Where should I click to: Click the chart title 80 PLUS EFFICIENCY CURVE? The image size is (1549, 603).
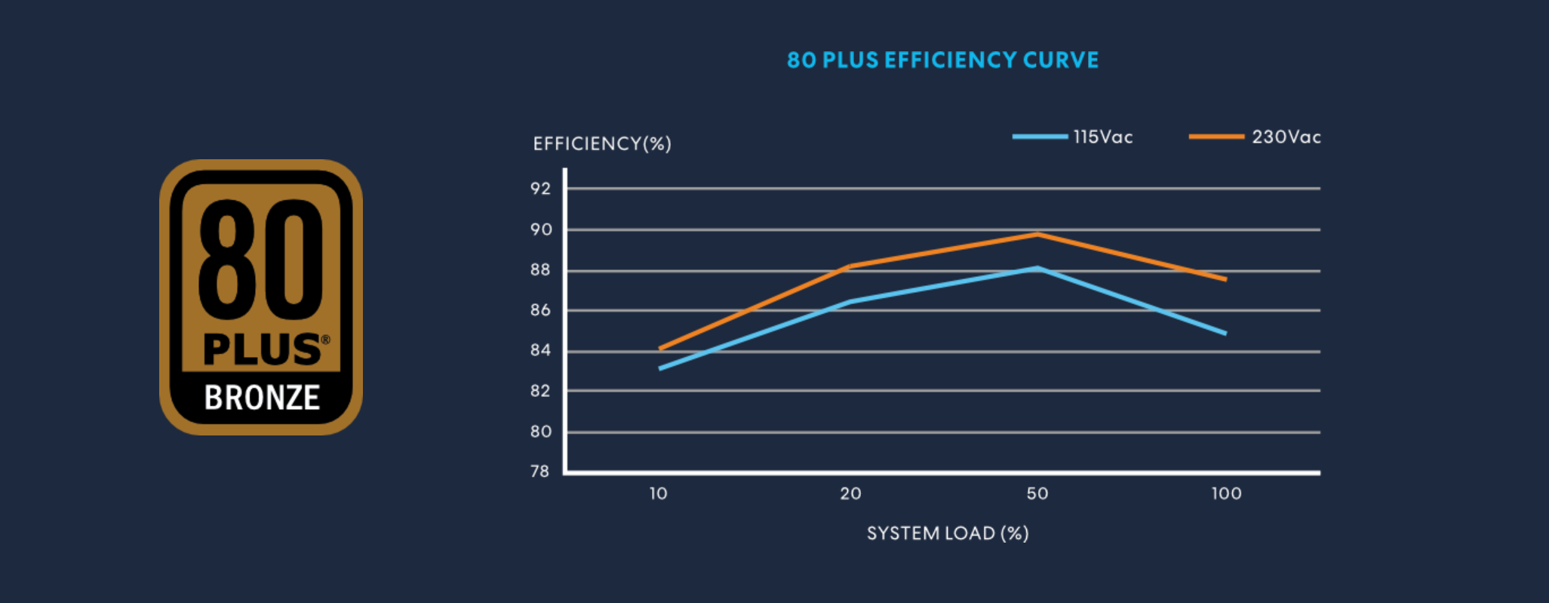pos(942,60)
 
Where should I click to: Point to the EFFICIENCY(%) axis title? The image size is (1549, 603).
pos(602,143)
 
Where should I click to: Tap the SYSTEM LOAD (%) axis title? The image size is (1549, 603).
pos(948,534)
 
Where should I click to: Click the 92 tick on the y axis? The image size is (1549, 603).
pos(540,189)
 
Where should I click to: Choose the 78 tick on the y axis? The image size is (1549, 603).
pos(540,472)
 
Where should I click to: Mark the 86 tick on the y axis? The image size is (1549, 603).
pos(540,310)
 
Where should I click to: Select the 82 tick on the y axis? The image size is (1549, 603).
pos(540,391)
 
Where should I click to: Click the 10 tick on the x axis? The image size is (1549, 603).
pos(659,494)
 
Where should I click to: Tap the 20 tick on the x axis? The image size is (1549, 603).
pos(850,494)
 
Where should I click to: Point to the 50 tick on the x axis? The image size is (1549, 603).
pos(1037,494)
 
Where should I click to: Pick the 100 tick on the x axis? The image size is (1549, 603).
pos(1226,494)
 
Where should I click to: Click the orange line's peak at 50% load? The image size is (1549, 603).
pos(1038,234)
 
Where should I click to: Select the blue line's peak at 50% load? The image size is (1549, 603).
pos(1038,268)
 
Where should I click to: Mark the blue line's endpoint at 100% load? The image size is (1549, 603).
pos(1225,333)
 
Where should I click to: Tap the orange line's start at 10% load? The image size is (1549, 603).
pos(660,349)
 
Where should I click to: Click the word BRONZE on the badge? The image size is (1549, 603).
pos(262,398)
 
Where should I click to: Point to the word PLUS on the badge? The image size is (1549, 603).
pos(262,349)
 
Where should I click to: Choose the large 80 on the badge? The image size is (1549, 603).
pos(260,260)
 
